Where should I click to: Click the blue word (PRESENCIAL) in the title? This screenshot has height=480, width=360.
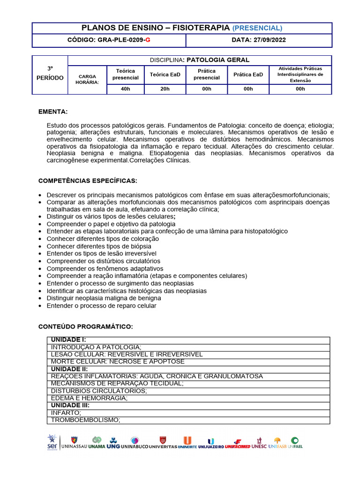click(x=257, y=28)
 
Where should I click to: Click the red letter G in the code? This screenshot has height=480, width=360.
click(x=148, y=40)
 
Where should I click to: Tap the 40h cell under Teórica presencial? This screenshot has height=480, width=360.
click(x=125, y=89)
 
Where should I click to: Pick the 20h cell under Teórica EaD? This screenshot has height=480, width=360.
click(x=165, y=89)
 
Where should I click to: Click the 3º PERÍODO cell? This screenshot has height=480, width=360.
click(x=50, y=74)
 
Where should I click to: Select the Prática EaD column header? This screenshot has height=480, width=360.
click(x=248, y=75)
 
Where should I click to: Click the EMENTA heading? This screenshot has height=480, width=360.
click(x=52, y=112)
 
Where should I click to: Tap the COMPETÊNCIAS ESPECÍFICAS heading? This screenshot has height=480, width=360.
click(x=87, y=181)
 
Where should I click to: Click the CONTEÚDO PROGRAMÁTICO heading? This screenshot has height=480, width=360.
click(x=85, y=326)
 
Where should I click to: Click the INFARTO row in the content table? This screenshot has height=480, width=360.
click(x=66, y=412)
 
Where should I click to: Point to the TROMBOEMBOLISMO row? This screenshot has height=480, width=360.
click(x=85, y=420)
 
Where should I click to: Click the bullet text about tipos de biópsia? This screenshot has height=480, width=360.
click(x=99, y=246)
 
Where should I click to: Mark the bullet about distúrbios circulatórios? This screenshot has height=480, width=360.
click(x=103, y=261)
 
